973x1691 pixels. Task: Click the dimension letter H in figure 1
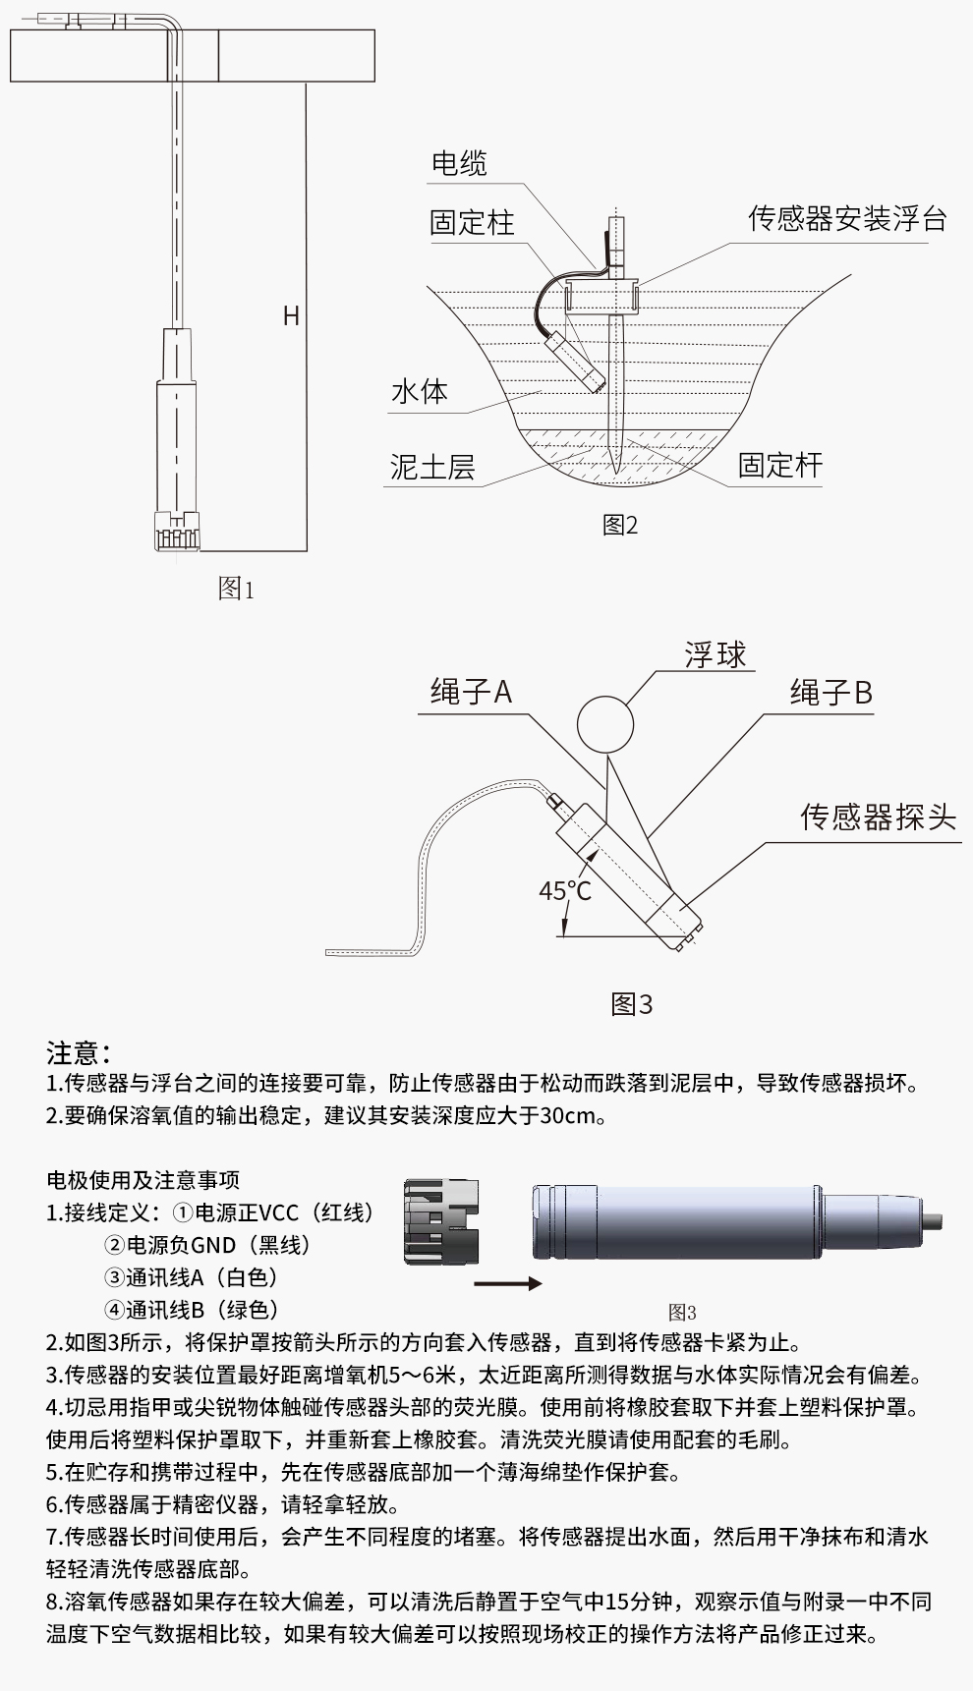(291, 315)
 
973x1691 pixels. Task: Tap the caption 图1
(236, 589)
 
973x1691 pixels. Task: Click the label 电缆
(459, 163)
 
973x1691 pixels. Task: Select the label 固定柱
(472, 222)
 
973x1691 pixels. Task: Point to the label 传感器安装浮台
(847, 218)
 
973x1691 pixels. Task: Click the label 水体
(420, 391)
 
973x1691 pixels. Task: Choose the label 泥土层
(432, 467)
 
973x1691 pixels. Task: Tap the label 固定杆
(780, 465)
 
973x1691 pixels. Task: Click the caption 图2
(620, 525)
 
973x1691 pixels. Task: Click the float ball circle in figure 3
(604, 725)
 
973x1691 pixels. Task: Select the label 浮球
(715, 654)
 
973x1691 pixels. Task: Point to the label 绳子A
(472, 693)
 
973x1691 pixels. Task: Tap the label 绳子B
(831, 693)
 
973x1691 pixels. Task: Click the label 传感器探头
(878, 817)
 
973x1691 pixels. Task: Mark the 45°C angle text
(565, 890)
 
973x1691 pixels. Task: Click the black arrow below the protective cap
(507, 1283)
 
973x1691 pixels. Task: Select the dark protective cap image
(441, 1223)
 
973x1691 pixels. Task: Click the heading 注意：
(79, 1053)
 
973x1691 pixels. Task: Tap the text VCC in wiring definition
(280, 1212)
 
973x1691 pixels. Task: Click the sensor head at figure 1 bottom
(177, 532)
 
